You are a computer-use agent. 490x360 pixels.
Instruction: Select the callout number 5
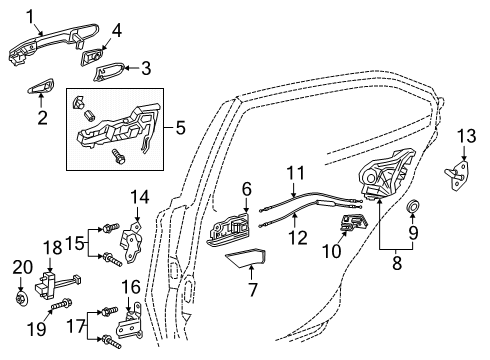pos(179,129)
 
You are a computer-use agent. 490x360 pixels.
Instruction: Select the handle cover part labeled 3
pos(111,73)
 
